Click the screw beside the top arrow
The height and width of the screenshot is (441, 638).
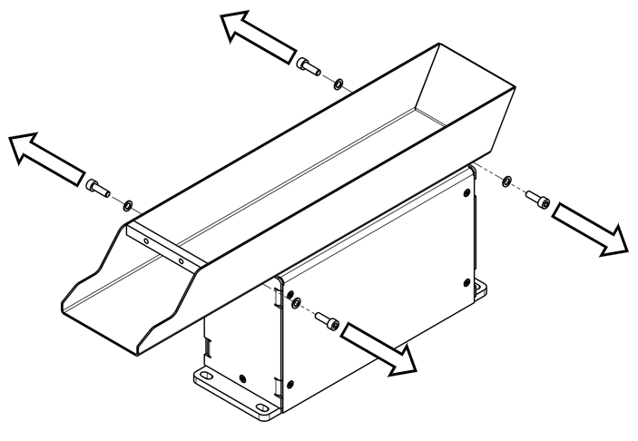(x=309, y=66)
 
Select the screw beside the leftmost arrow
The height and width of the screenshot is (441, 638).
(x=97, y=188)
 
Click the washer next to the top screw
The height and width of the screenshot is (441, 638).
(x=338, y=84)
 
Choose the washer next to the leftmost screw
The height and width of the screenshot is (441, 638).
(x=127, y=203)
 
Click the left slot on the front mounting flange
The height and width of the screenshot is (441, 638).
(x=205, y=374)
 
